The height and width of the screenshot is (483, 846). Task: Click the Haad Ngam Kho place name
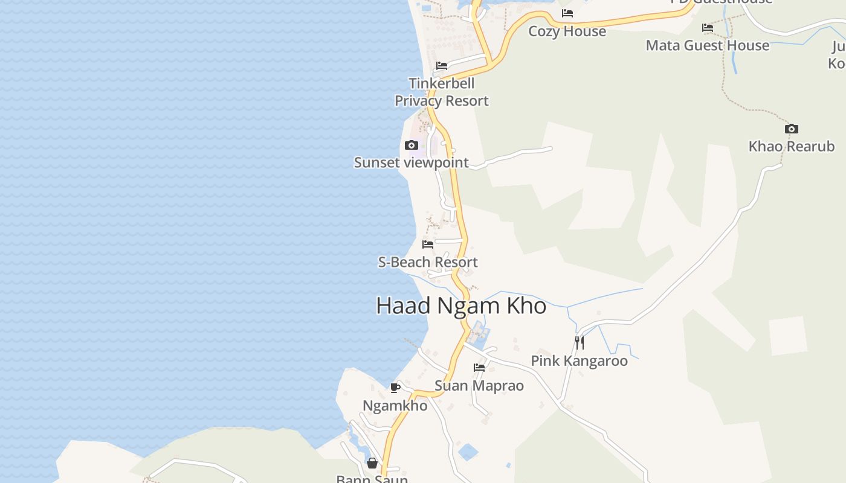pos(461,305)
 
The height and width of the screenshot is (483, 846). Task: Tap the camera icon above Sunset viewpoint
pos(412,146)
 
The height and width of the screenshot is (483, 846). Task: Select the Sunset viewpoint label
pos(411,162)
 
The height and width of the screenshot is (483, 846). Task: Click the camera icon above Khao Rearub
pos(791,129)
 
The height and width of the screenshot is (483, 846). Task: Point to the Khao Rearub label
pos(791,146)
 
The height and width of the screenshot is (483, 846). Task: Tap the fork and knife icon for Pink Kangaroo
pos(579,343)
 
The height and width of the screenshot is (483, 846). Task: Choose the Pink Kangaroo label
pos(579,360)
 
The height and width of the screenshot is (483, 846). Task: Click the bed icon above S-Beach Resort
pos(428,245)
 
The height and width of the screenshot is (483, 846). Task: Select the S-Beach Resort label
pos(428,262)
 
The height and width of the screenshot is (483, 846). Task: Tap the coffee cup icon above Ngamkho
pos(395,388)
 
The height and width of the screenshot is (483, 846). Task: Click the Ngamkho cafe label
pos(395,405)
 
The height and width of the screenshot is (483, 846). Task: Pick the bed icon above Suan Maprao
pos(479,367)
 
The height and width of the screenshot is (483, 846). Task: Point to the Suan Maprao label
pos(479,385)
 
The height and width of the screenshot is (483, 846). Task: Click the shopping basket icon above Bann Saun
pos(372,463)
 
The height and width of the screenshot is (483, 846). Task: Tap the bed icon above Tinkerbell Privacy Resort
pos(442,66)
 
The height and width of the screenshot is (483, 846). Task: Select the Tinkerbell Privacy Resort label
pos(442,92)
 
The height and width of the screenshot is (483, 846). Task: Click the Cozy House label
pos(567,31)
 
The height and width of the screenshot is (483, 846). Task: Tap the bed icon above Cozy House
pos(567,13)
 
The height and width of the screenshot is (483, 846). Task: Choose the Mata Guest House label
pos(707,45)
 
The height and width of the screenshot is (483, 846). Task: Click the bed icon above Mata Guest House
pos(707,28)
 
